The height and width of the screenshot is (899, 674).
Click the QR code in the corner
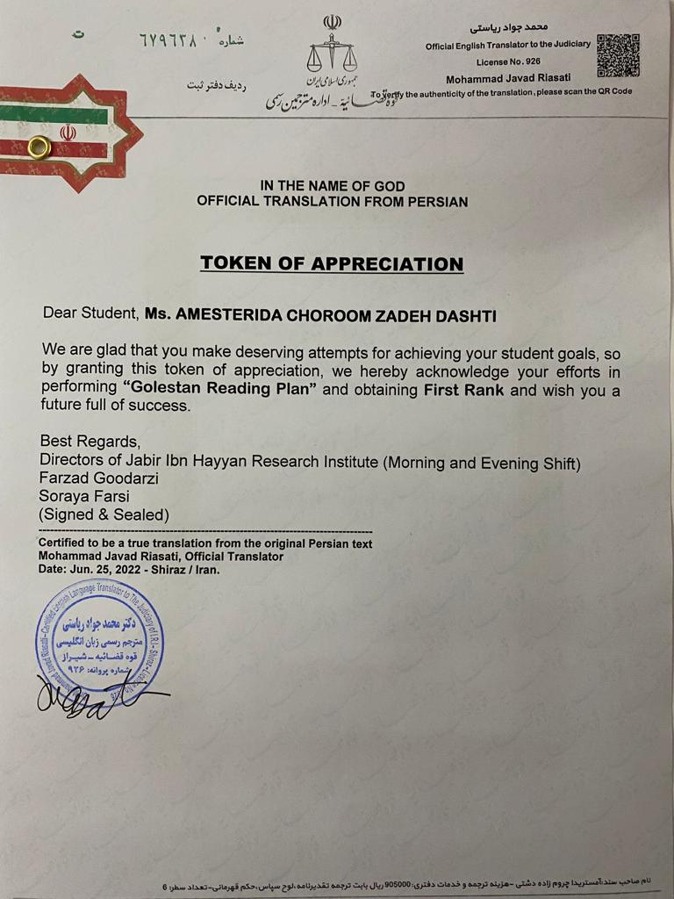tap(618, 55)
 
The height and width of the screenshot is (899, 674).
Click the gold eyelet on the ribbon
tap(39, 147)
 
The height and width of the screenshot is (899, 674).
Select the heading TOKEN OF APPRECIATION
tap(332, 263)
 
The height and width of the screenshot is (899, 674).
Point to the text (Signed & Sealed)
tap(104, 514)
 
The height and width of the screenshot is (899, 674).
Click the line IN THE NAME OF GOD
tap(332, 185)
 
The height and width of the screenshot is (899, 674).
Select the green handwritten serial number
tap(170, 41)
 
